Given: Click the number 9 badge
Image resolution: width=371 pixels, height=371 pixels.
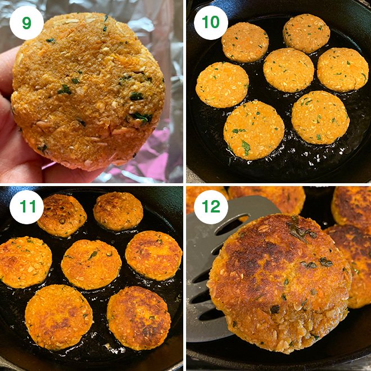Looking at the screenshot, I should pos(26,22).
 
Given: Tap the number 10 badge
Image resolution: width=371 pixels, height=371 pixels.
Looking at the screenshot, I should pos(211,22).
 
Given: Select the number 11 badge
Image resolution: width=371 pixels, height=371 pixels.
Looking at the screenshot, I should pos(26,207).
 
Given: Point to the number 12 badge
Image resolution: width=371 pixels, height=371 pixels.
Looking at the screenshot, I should pos(211,207).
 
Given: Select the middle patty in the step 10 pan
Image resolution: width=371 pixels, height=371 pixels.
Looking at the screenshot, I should pos(288,70).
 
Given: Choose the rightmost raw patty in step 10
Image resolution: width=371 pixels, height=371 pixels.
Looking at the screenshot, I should pos(343,69).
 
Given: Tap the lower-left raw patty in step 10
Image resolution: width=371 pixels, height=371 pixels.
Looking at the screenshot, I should pos(254,129).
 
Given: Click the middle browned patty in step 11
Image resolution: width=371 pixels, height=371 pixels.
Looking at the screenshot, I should pos(91,264).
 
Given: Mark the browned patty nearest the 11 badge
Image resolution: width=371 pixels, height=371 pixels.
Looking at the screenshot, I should pos(62,215).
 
